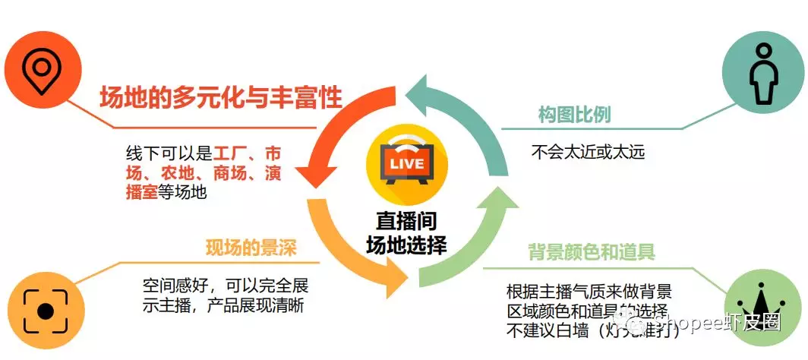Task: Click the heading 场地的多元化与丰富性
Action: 221,98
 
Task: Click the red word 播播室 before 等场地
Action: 141,192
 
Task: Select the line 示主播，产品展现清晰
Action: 228,306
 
